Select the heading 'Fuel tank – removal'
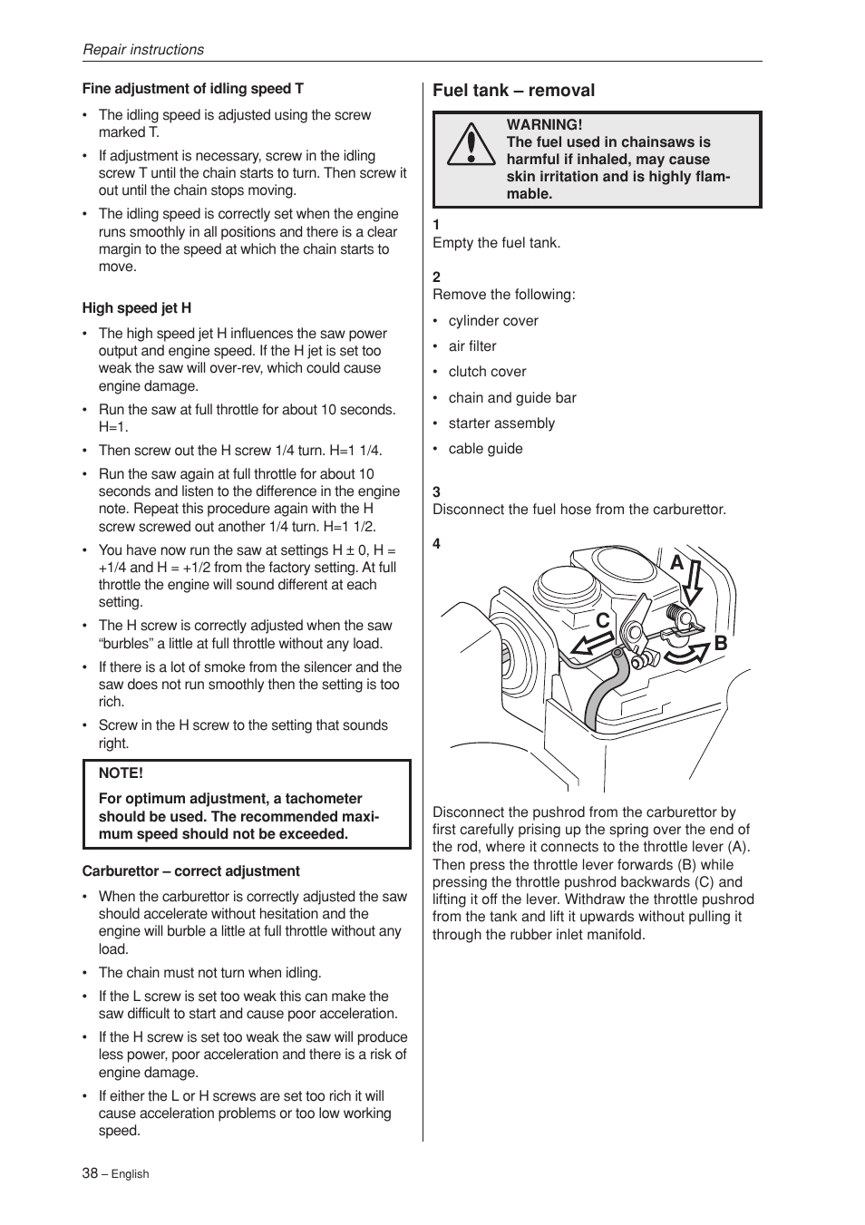coord(513,91)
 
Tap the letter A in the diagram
coord(676,563)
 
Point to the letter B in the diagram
coord(721,644)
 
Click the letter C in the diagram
coord(603,621)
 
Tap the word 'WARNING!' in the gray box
coord(544,125)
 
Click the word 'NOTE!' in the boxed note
coord(121,773)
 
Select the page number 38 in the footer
coord(90,1172)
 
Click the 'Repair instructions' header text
coord(143,50)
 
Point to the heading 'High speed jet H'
coord(137,308)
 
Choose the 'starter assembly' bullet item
coord(501,423)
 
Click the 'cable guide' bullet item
coord(485,449)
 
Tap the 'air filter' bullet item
coord(472,346)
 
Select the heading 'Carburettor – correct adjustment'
coord(190,871)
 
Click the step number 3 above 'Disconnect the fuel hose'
coord(436,492)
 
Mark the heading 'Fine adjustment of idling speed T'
coord(193,89)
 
